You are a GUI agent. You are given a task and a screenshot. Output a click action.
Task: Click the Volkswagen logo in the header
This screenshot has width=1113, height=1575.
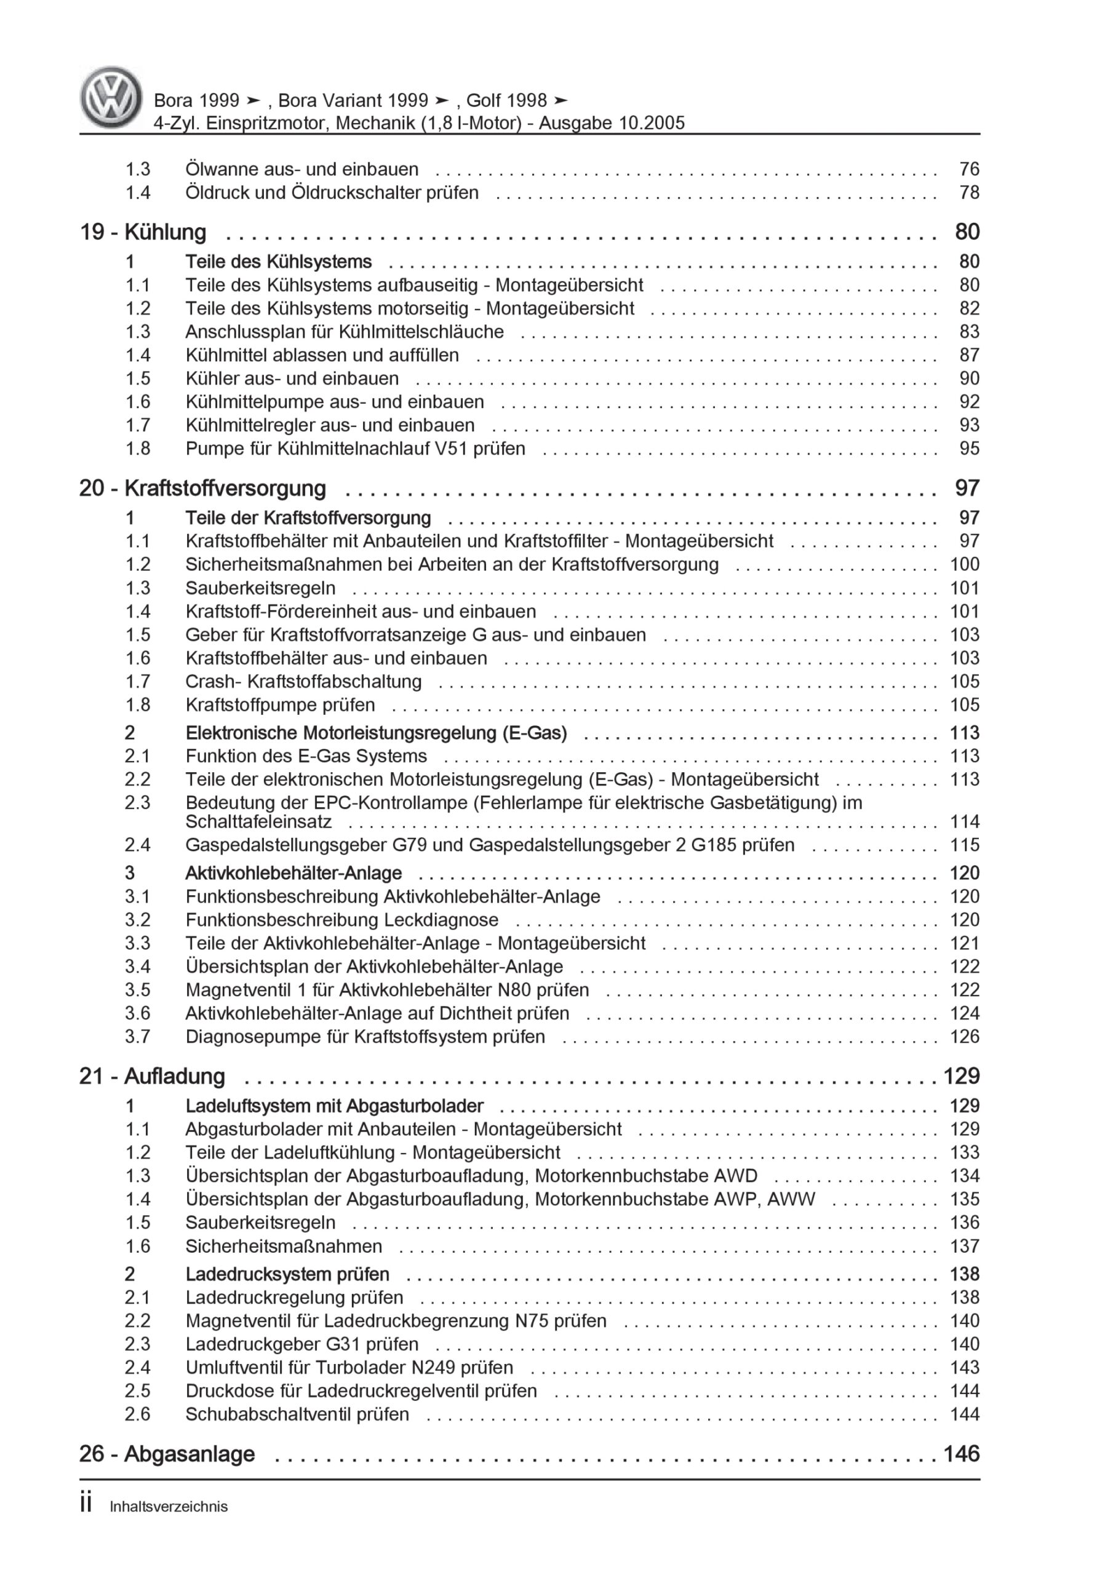tap(111, 97)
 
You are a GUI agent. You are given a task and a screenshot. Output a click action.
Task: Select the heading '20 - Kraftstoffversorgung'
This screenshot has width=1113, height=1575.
tap(202, 488)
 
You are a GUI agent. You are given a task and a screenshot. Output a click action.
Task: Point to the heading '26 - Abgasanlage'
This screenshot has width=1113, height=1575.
tap(167, 1454)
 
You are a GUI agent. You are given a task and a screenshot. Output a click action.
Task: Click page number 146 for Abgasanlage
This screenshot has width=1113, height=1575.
tap(962, 1454)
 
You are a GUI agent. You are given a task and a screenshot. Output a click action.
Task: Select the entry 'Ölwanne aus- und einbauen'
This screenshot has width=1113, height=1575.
tap(301, 169)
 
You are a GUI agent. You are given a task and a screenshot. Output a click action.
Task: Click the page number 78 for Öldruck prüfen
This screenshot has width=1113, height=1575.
tap(969, 193)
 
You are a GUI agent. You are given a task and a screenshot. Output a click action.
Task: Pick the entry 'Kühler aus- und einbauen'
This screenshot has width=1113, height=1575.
tap(292, 378)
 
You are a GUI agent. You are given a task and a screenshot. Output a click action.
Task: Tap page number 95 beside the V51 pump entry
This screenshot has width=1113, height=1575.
tap(969, 449)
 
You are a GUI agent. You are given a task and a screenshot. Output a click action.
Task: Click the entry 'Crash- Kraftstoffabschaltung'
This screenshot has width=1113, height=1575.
tap(303, 682)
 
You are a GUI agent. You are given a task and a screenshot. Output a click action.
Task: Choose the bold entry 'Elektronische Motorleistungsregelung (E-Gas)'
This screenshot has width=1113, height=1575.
tap(376, 733)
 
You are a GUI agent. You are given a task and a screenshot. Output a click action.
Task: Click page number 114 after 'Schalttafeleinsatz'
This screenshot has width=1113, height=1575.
tap(964, 822)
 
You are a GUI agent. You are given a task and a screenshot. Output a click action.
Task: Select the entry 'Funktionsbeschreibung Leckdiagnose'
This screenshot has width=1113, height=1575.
tap(341, 920)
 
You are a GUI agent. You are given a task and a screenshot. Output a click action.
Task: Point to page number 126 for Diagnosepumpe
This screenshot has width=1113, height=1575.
tap(964, 1037)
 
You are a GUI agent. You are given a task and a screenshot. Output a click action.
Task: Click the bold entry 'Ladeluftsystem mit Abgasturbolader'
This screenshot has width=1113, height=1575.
tap(334, 1106)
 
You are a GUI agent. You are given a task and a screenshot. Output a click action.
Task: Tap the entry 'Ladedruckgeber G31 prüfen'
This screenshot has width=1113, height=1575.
tap(302, 1344)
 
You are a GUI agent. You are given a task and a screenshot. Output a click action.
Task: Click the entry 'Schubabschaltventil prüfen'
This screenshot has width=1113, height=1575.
tap(297, 1414)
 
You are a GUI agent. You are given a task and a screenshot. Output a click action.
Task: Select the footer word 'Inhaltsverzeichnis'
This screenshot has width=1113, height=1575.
tap(169, 1507)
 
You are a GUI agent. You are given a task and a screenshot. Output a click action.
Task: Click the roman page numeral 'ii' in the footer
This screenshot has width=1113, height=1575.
tap(86, 1504)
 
